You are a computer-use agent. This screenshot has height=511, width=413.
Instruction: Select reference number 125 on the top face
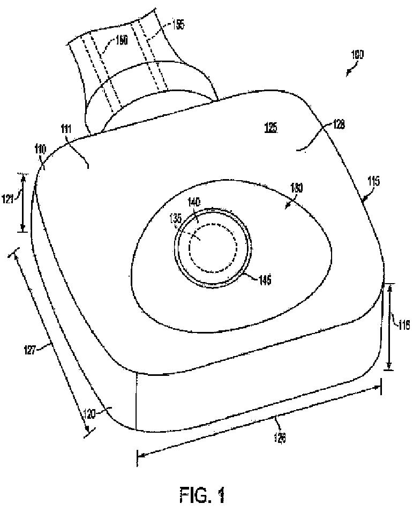tap(271, 129)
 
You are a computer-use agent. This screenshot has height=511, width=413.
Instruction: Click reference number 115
tap(373, 182)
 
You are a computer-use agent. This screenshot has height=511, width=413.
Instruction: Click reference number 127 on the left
tap(45, 349)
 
